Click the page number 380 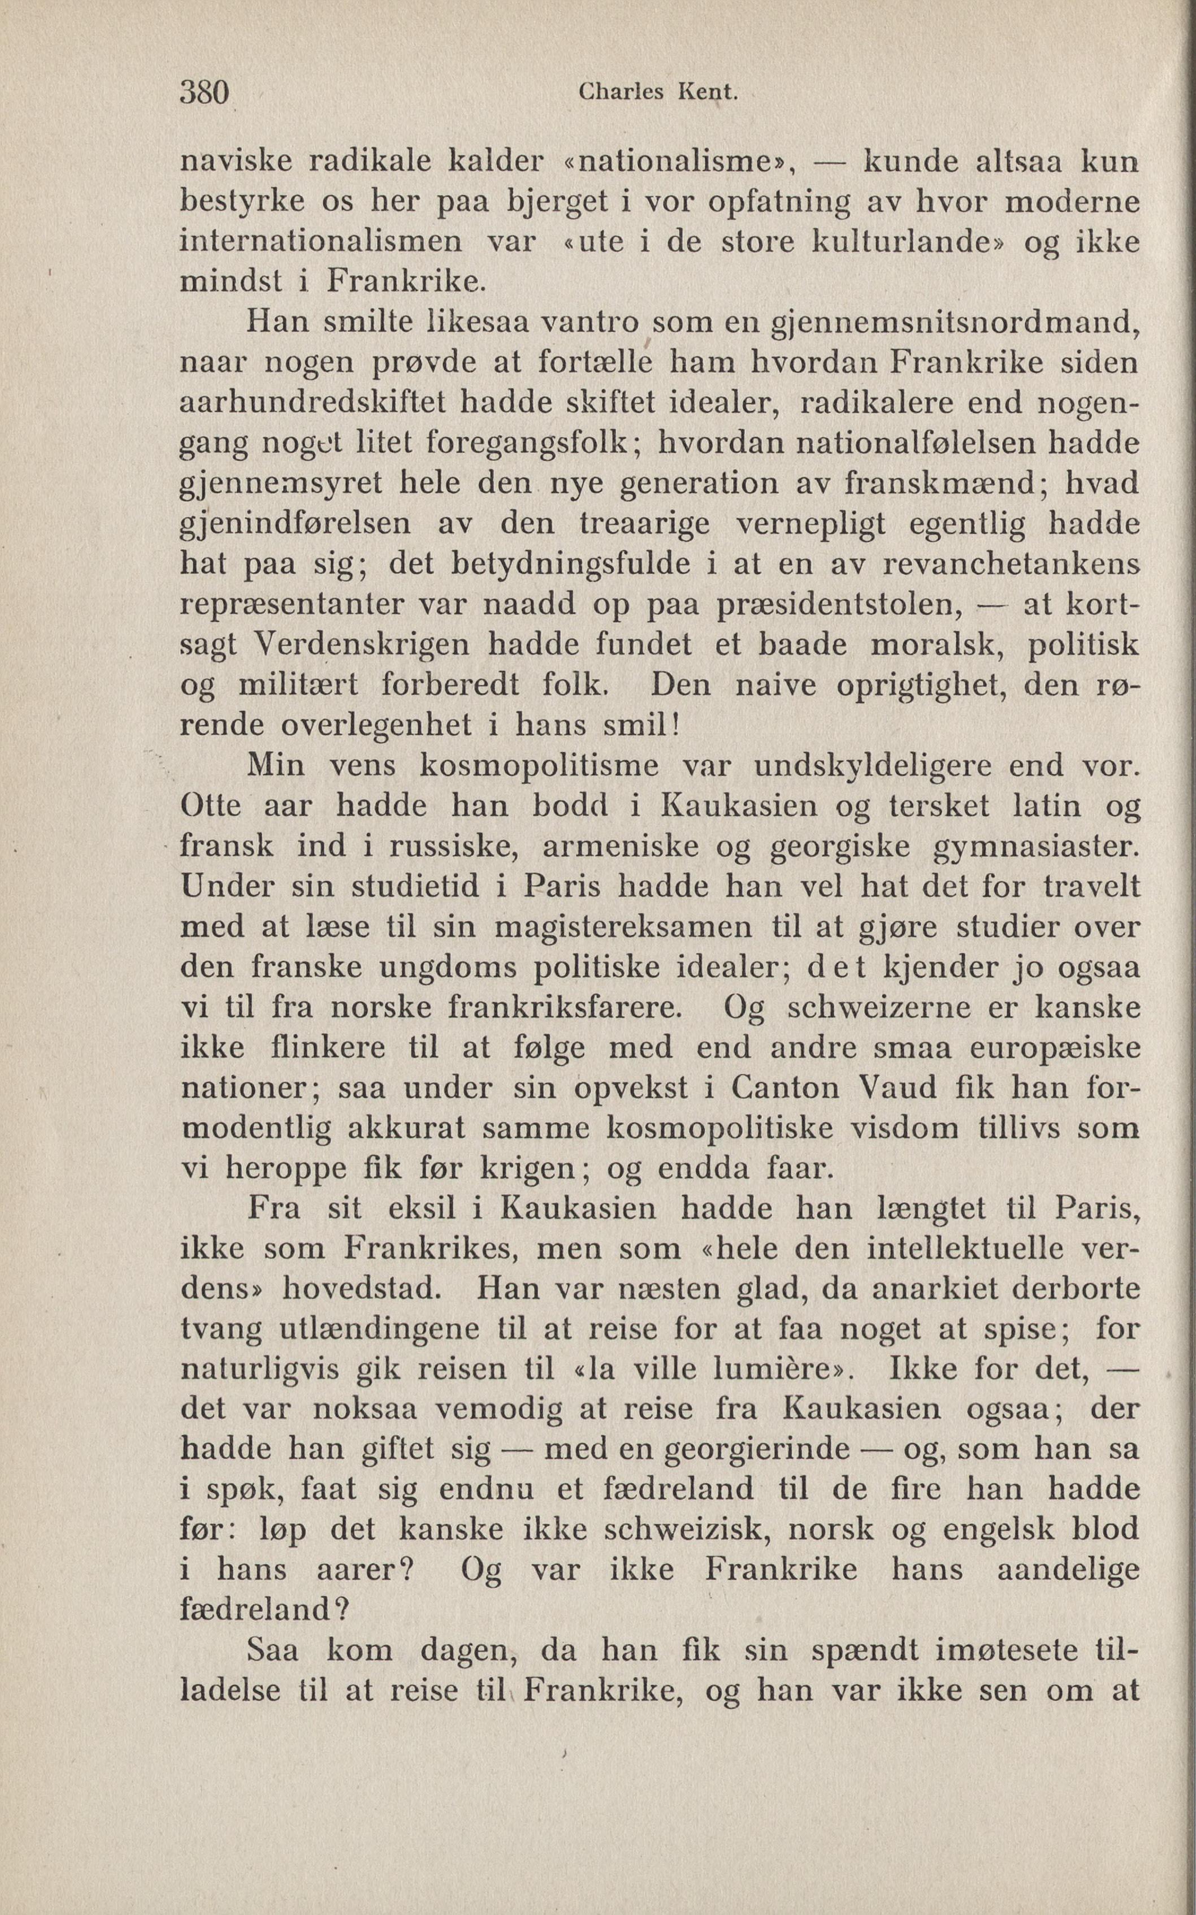[204, 93]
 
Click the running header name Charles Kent [658, 93]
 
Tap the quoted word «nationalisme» [673, 162]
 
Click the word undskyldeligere [872, 766]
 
